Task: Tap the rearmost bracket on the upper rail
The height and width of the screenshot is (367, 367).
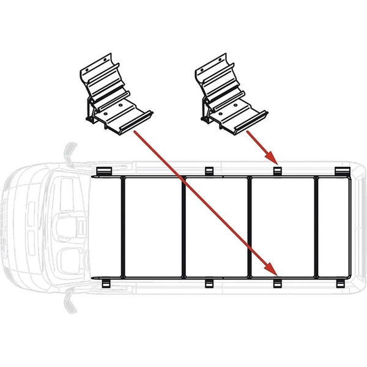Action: (340, 170)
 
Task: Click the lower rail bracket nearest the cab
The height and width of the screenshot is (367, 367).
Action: (103, 283)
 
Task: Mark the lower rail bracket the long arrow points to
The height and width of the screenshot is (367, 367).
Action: (276, 283)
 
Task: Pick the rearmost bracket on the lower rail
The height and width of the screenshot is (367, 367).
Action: (340, 283)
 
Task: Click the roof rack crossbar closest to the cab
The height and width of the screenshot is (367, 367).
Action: (122, 226)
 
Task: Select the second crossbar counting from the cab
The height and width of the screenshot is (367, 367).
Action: (183, 226)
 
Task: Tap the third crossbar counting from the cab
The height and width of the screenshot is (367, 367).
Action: (250, 226)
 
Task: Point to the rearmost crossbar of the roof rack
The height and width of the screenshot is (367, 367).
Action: (316, 226)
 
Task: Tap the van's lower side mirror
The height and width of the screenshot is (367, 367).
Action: (69, 299)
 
